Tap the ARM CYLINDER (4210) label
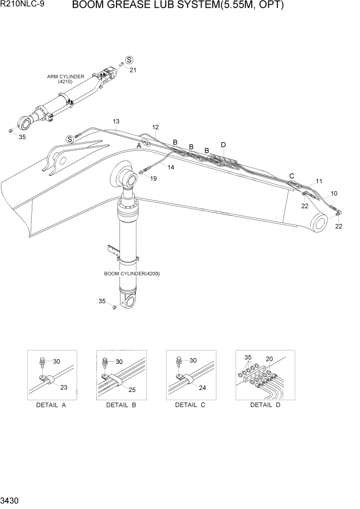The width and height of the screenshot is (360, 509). click(x=66, y=79)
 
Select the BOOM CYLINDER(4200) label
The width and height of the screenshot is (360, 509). click(x=132, y=273)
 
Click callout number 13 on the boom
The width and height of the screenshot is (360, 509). click(x=116, y=122)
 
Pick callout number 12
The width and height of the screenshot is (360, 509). click(x=155, y=127)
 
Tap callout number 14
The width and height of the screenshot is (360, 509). click(x=170, y=167)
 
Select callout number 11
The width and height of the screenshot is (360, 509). click(x=318, y=181)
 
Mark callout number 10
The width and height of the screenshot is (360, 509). click(x=334, y=193)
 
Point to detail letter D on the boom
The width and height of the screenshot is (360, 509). click(x=223, y=145)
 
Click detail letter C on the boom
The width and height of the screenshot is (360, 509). click(x=292, y=176)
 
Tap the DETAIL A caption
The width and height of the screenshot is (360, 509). click(x=51, y=405)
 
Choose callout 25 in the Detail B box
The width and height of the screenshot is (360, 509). click(x=132, y=390)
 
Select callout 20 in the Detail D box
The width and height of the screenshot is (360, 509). click(x=269, y=359)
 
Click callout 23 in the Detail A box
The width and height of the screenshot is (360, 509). click(x=63, y=387)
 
